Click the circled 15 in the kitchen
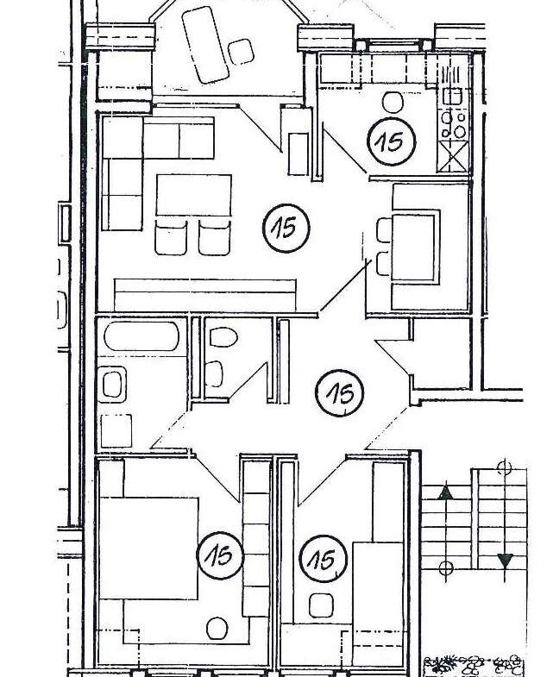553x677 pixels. [392, 141]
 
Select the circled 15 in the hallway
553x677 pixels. [341, 394]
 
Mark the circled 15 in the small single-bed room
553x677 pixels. [324, 561]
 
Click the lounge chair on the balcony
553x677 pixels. [202, 44]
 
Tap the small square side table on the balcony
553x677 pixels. [240, 53]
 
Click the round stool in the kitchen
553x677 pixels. [393, 101]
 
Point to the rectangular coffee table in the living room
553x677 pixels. [194, 195]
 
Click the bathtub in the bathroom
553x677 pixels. [141, 336]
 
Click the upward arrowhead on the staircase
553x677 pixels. [445, 493]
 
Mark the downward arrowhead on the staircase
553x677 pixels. [506, 561]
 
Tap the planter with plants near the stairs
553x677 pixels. [473, 665]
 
